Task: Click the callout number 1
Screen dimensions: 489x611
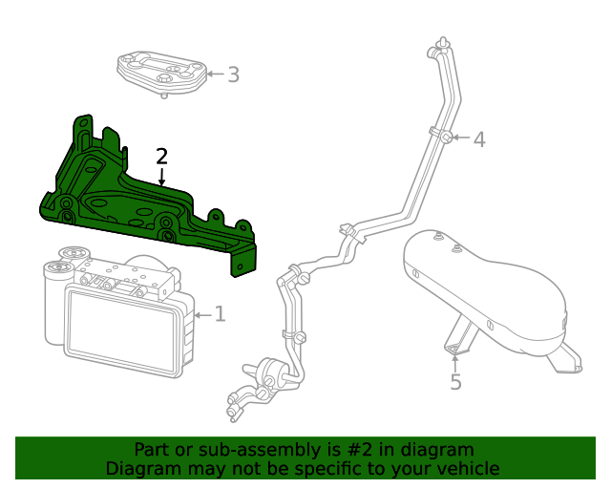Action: (220, 313)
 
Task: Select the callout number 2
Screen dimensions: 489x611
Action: (162, 156)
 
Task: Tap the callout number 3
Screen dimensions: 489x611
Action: (233, 74)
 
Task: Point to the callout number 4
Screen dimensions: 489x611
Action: (479, 139)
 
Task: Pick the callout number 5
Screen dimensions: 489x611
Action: (455, 382)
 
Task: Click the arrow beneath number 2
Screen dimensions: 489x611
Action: (162, 177)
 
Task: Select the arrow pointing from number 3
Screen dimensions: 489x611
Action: (215, 74)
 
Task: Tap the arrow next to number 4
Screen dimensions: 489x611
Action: (461, 138)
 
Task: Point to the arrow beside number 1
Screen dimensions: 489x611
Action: (201, 313)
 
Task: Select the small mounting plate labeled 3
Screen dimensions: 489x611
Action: (162, 73)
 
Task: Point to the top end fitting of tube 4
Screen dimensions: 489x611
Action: (441, 45)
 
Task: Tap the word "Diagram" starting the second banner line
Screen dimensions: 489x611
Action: (141, 468)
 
